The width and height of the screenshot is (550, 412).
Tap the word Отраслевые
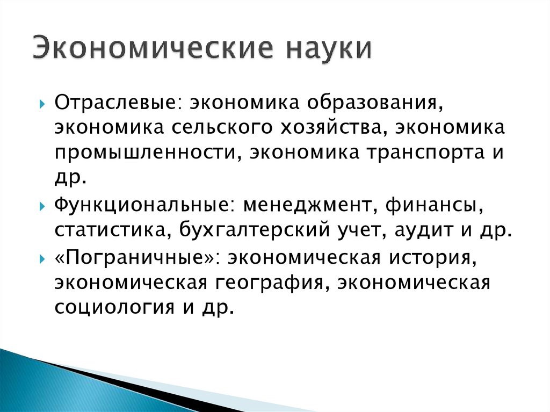(x=112, y=102)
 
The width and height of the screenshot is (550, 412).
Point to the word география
(x=273, y=281)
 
